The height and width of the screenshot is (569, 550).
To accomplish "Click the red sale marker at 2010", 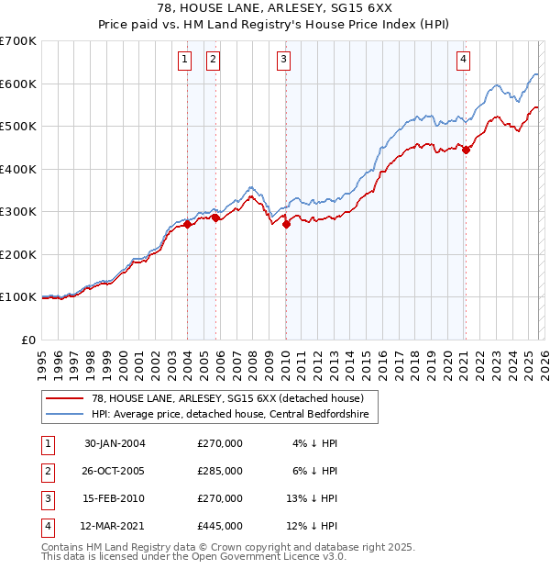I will coord(286,223).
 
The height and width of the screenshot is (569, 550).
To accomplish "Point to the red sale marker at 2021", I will coord(466,150).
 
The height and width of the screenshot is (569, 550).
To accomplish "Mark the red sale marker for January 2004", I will coord(188,224).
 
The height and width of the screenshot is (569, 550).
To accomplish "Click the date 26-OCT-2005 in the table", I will coord(115,471).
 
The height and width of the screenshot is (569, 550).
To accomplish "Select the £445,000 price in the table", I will coord(220,526).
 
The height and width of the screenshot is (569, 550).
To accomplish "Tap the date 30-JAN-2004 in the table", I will coord(115,443).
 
